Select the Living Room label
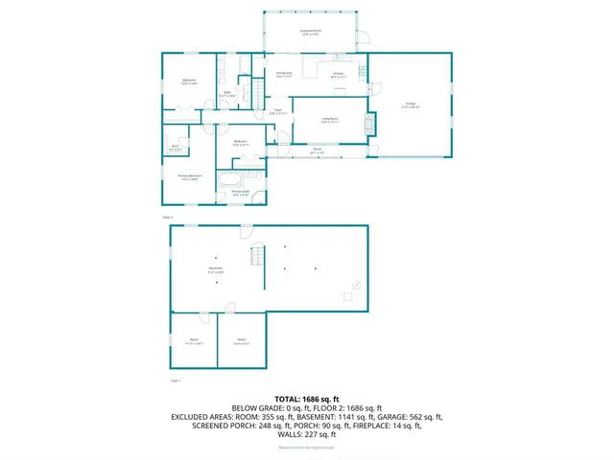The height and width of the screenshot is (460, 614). (331, 120)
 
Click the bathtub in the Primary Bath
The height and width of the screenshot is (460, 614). (231, 178)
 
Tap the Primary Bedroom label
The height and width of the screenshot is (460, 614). (189, 176)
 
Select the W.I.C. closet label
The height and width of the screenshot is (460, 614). (176, 148)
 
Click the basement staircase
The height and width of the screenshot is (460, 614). (256, 257)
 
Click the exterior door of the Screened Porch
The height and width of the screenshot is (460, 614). (364, 38)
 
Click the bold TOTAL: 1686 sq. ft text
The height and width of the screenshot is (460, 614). (307, 398)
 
